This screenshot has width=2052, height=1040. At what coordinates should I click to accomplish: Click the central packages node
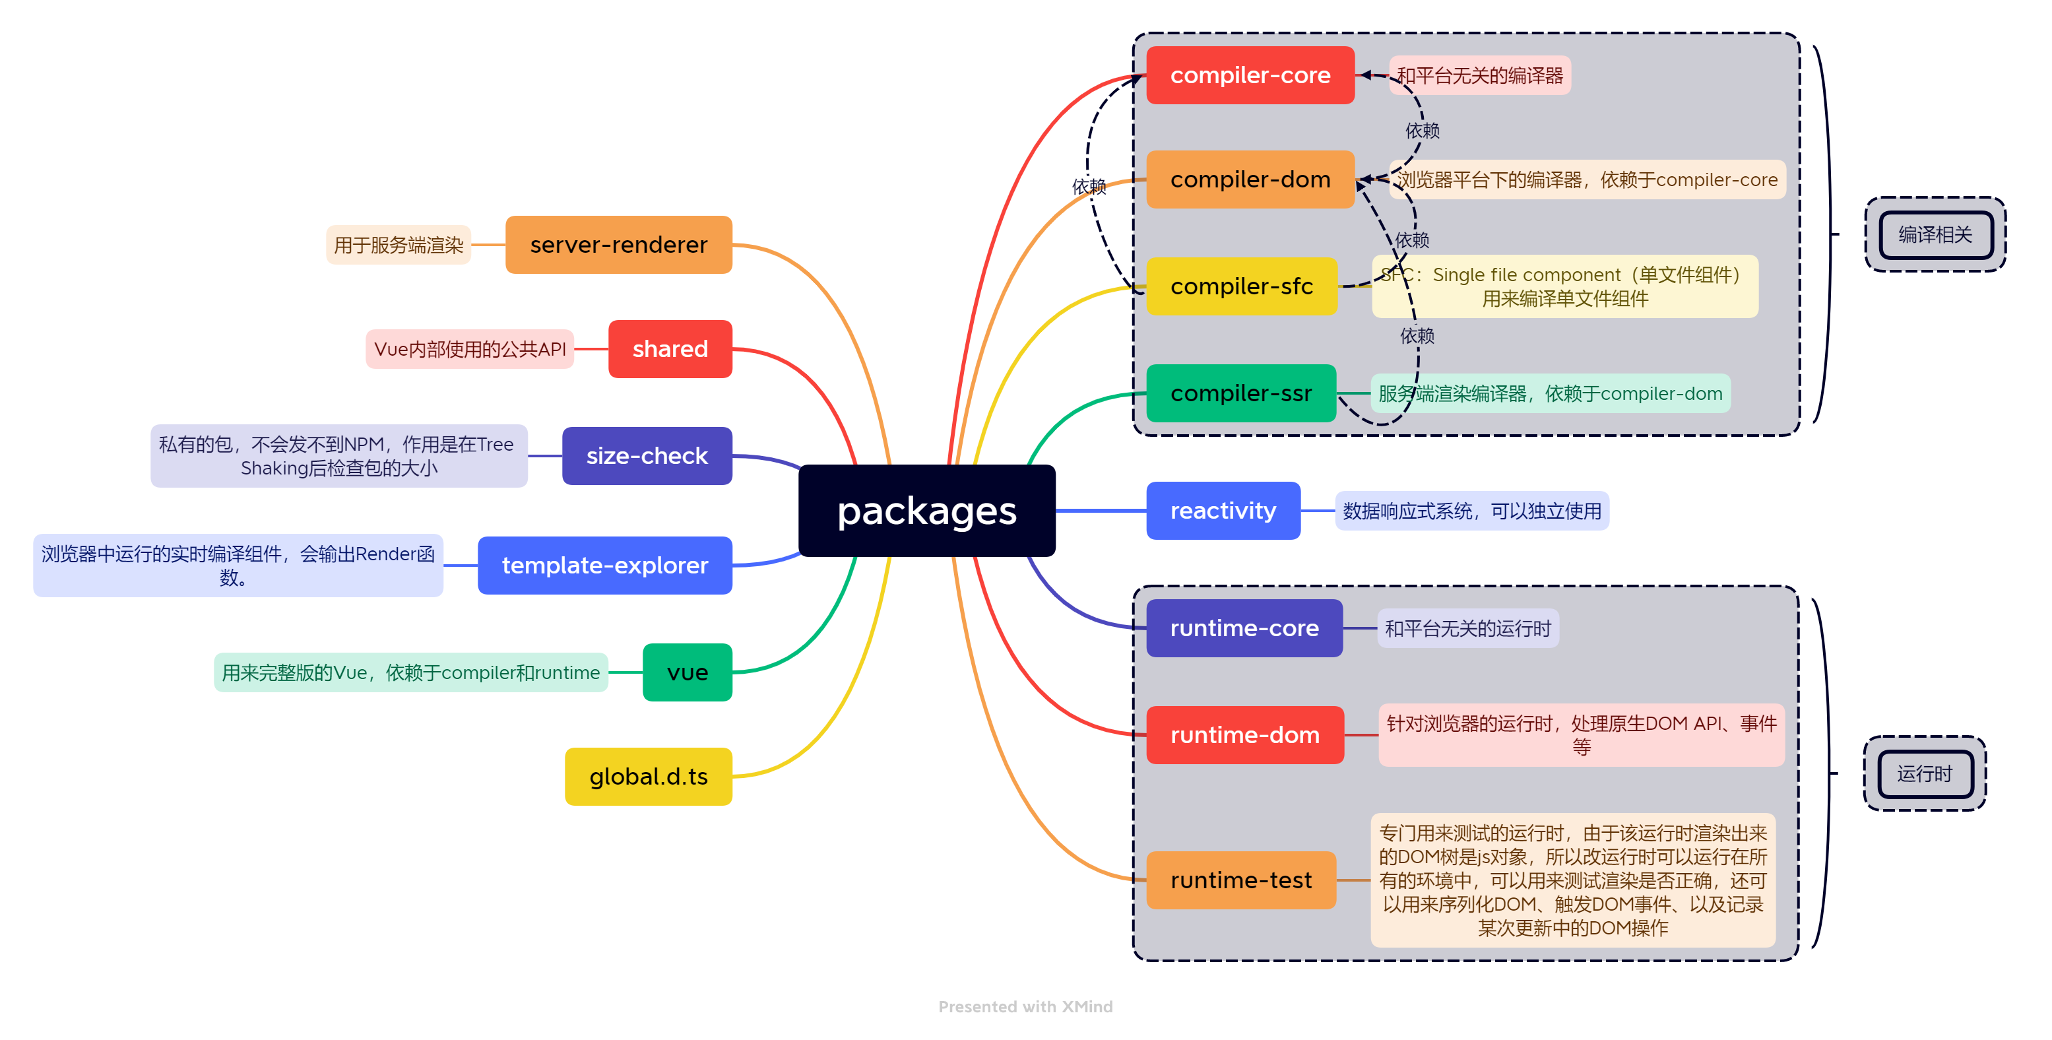point(926,511)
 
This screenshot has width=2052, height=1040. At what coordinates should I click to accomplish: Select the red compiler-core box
point(1250,75)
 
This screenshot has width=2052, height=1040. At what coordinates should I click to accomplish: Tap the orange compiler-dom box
point(1250,179)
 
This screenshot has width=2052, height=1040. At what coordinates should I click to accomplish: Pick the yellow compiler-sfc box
point(1241,286)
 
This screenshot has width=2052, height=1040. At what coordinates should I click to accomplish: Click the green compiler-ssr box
point(1240,393)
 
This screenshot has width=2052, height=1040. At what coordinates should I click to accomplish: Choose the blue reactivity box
point(1223,511)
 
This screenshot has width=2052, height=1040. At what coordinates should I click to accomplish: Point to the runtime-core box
point(1244,628)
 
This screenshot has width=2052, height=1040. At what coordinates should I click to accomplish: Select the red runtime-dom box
point(1244,734)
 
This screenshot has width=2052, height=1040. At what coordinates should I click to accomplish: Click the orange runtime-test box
point(1240,880)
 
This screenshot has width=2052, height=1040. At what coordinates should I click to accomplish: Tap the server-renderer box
point(618,245)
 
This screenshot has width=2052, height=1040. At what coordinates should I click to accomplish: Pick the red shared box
point(670,349)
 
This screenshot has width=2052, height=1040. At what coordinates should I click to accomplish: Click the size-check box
point(647,456)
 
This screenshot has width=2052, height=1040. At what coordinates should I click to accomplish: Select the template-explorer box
point(604,565)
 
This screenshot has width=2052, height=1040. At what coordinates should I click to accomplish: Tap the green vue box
point(688,672)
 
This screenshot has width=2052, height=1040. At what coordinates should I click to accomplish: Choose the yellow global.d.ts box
point(649,776)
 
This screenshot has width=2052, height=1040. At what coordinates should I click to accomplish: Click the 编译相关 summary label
point(1935,234)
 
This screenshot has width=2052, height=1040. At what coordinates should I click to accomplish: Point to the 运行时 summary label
point(1924,773)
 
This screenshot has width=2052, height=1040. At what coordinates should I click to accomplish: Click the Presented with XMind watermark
point(1025,1006)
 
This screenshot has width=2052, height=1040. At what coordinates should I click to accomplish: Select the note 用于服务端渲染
point(399,245)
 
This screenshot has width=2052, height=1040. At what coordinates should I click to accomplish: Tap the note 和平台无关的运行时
point(1467,628)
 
